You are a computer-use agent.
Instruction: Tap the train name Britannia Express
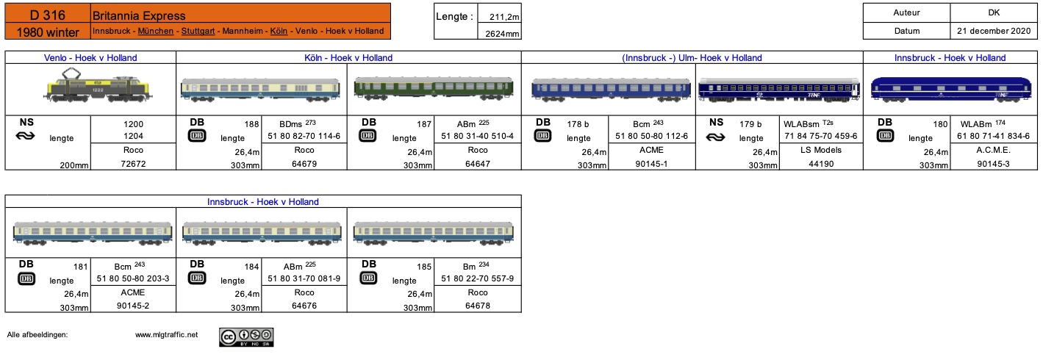pos(139,15)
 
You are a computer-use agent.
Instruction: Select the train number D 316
pos(48,15)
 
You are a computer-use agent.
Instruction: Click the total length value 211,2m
pos(503,17)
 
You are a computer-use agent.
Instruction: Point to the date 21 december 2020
pos(994,31)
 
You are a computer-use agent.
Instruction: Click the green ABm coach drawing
pos(434,88)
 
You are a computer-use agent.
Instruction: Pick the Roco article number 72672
pos(133,164)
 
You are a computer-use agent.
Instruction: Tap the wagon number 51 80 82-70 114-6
pos(304,136)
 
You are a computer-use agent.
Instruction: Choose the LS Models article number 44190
pos(821,164)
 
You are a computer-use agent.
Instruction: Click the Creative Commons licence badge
pos(246,337)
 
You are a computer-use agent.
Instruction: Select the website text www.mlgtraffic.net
pos(166,334)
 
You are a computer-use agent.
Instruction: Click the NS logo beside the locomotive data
pos(26,136)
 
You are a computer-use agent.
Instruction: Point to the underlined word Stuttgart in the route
pos(198,31)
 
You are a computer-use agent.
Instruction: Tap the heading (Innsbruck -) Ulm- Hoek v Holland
pos(692,58)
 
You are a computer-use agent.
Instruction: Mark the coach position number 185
pos(423,267)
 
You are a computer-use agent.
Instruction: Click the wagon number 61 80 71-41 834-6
pos(993,136)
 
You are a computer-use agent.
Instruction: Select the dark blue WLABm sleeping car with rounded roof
pos(951,89)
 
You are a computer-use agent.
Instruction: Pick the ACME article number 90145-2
pos(133,306)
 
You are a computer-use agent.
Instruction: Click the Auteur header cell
pos(906,12)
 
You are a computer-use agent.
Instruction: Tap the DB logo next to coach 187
pos(368,136)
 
